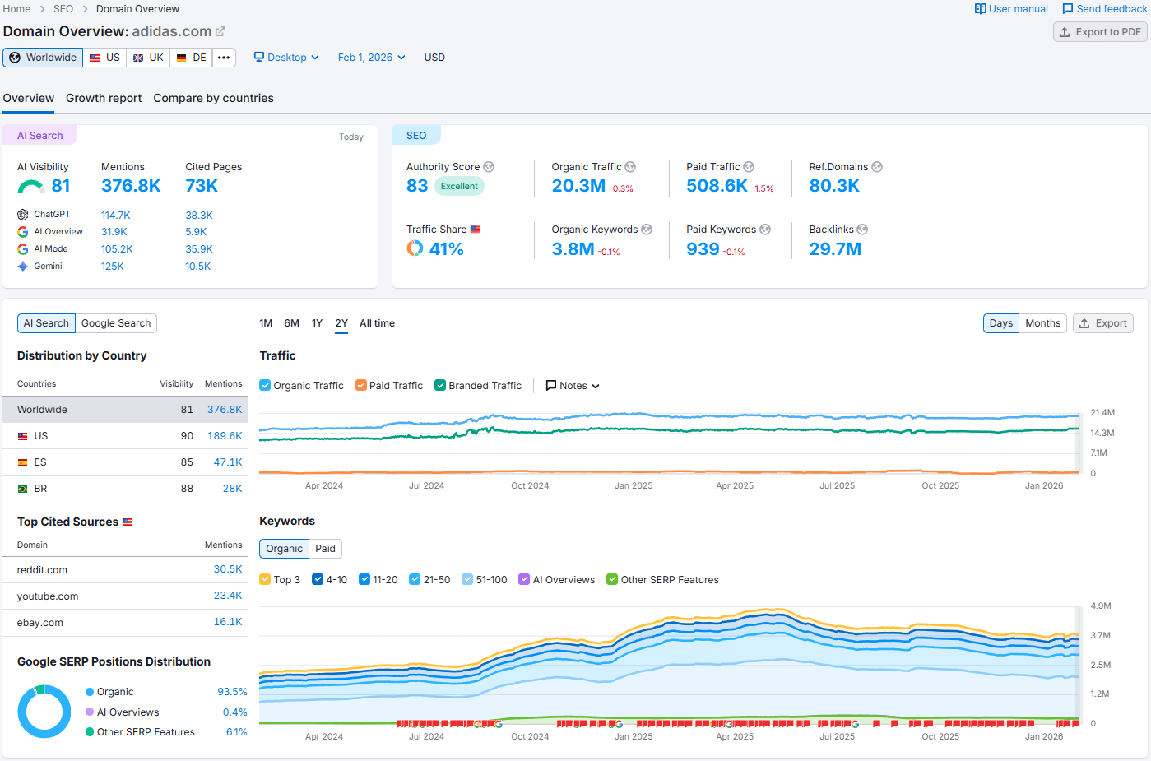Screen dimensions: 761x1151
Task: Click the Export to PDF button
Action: point(1100,32)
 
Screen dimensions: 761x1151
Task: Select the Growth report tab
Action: point(104,98)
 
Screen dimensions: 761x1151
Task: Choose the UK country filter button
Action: point(148,58)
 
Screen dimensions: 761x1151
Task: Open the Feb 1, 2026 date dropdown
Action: point(371,58)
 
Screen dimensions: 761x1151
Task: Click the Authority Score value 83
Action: point(417,186)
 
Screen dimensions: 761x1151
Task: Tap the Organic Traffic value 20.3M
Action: point(578,186)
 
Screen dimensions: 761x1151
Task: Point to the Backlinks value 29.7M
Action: point(835,249)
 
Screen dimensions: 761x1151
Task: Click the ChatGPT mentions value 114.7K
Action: point(116,216)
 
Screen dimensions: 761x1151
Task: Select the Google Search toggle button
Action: point(116,323)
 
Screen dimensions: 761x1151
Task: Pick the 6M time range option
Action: point(291,323)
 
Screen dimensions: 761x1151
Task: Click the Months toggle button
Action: point(1042,323)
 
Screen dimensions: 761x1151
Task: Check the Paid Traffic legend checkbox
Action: point(361,386)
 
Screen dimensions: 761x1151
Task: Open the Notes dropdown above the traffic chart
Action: point(573,386)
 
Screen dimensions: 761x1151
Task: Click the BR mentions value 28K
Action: point(232,489)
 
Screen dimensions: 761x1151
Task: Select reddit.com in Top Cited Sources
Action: point(42,570)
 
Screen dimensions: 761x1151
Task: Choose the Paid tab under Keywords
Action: point(325,549)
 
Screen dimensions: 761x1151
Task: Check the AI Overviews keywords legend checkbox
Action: point(524,580)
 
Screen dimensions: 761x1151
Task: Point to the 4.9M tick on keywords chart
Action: point(1101,606)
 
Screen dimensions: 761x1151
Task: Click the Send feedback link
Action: point(1104,9)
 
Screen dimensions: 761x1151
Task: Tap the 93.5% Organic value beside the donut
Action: point(232,692)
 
